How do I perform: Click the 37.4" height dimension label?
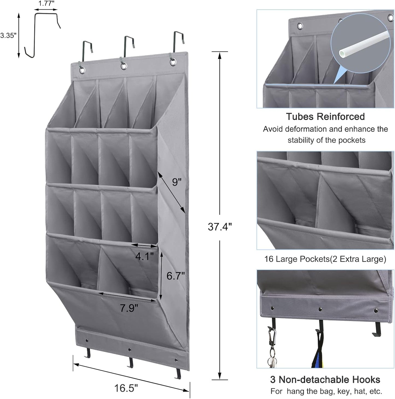pos(220,227)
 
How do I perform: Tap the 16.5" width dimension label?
pos(126,388)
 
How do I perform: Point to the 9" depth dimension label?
pos(177,182)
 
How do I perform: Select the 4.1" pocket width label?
pos(144,256)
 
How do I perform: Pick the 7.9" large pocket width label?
pos(129,308)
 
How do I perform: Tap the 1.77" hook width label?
pos(46,4)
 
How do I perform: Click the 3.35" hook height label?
pos(8,35)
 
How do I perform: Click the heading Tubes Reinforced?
pos(325,117)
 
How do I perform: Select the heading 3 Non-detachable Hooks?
pos(325,380)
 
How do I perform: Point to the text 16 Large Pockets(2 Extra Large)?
pos(325,259)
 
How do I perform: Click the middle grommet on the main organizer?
pos(124,66)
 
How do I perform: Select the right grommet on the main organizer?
pos(173,62)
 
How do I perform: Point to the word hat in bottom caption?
pos(361,391)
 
